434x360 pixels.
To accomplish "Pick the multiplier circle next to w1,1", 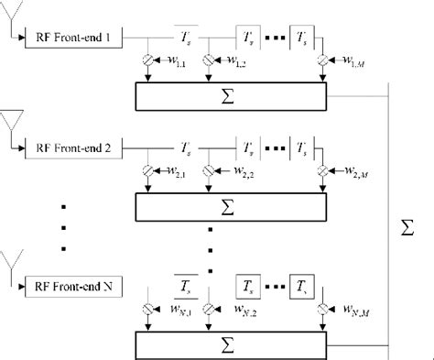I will pyautogui.click(x=147, y=62).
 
